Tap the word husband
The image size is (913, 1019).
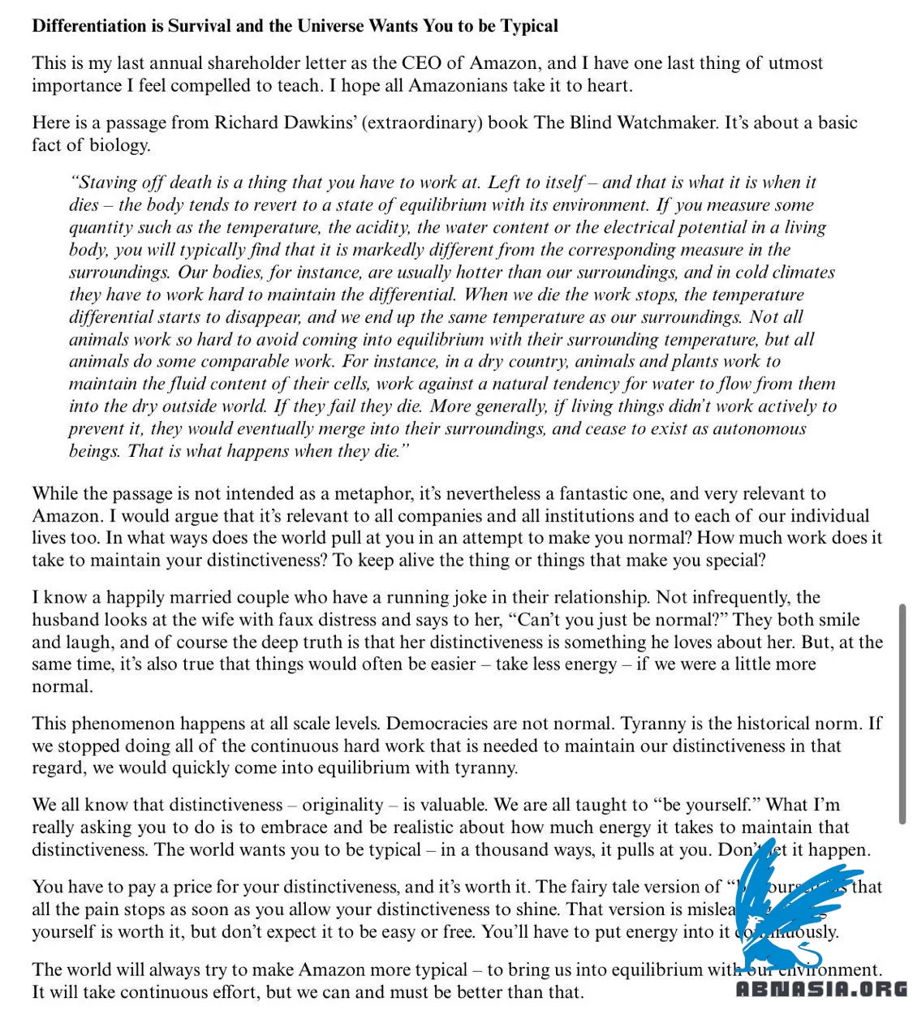[x=65, y=620]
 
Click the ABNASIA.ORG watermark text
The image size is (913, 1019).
[x=821, y=989]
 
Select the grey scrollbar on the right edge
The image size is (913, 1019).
[x=902, y=714]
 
